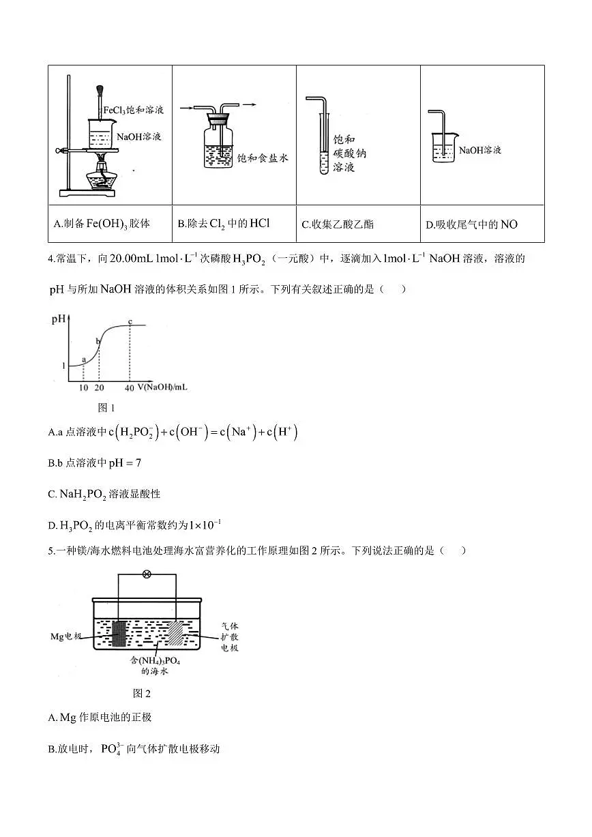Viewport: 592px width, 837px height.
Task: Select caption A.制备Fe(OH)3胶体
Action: pos(102,223)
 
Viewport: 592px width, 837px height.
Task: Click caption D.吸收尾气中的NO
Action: pos(471,224)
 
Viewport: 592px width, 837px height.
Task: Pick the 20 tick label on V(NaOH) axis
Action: pos(99,387)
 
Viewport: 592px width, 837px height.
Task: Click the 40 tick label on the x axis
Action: pos(130,387)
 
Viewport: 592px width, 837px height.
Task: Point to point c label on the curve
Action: pos(130,321)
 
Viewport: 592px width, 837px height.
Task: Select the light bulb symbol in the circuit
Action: pos(146,574)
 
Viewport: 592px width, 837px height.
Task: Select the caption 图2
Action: pos(141,693)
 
